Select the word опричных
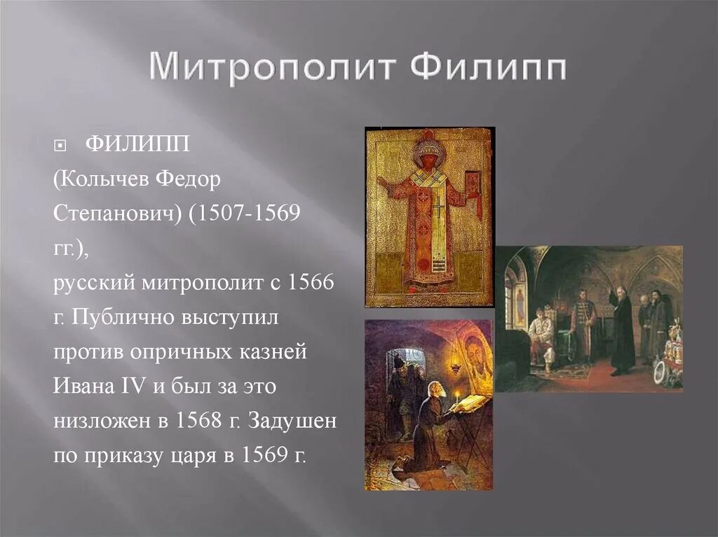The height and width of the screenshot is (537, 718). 177,351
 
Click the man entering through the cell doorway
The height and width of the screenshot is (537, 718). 400,392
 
